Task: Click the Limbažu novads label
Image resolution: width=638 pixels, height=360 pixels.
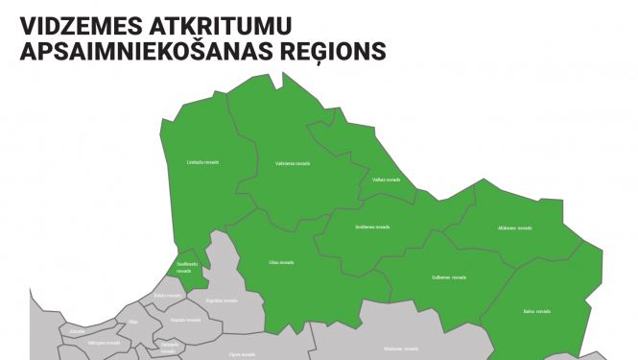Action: point(202,162)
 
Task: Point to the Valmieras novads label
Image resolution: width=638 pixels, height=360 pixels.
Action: point(293,163)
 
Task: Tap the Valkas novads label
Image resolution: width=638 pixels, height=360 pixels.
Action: point(387,180)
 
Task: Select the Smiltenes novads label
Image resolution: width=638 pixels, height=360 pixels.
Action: point(372,227)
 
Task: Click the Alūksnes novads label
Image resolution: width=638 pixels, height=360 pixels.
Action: point(515,228)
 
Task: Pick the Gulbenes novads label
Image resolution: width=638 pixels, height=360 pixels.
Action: point(449,277)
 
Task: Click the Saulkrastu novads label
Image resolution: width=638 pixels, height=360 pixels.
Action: point(188,267)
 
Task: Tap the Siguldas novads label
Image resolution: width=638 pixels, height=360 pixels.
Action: point(222,300)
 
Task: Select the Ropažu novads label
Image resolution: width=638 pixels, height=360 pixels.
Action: point(183,320)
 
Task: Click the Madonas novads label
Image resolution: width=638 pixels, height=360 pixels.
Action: point(400,348)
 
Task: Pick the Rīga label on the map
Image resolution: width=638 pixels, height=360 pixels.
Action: point(133,323)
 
